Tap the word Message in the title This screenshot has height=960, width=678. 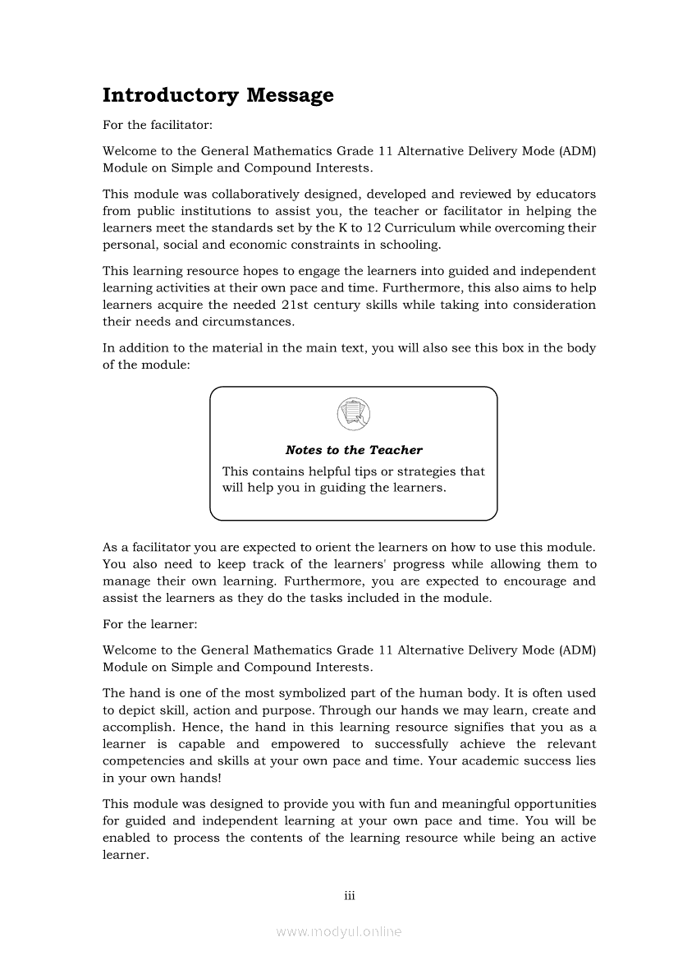point(290,95)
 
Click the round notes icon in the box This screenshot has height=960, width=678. point(353,413)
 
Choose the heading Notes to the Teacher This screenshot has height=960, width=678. point(354,450)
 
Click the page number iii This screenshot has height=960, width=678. point(349,895)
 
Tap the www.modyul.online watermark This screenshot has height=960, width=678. point(339,931)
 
